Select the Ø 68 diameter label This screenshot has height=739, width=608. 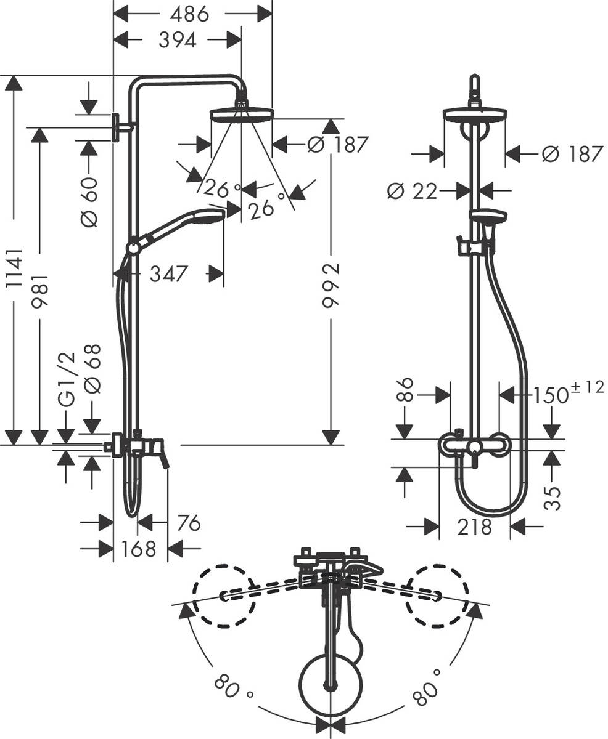point(92,368)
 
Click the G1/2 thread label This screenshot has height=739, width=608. point(66,379)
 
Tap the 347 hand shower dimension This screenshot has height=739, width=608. point(168,273)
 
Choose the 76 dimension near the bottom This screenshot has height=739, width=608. point(189,523)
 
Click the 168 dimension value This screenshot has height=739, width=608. point(139,548)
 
